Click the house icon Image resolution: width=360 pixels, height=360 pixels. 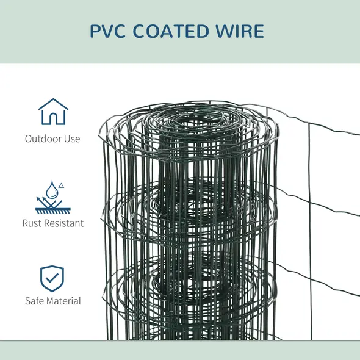[x=53, y=112]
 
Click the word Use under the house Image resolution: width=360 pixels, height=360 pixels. [x=72, y=139]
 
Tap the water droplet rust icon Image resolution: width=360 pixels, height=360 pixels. [x=52, y=195]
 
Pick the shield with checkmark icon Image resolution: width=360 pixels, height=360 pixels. [x=52, y=278]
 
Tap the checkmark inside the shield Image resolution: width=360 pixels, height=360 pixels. [x=52, y=279]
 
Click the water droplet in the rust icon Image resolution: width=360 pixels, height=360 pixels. [x=52, y=186]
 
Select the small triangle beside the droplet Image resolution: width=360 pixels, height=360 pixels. [x=61, y=184]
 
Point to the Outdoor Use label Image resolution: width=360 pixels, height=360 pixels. [x=52, y=139]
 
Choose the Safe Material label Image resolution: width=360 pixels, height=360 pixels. [x=52, y=301]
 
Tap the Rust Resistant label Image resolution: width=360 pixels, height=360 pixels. [x=52, y=223]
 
